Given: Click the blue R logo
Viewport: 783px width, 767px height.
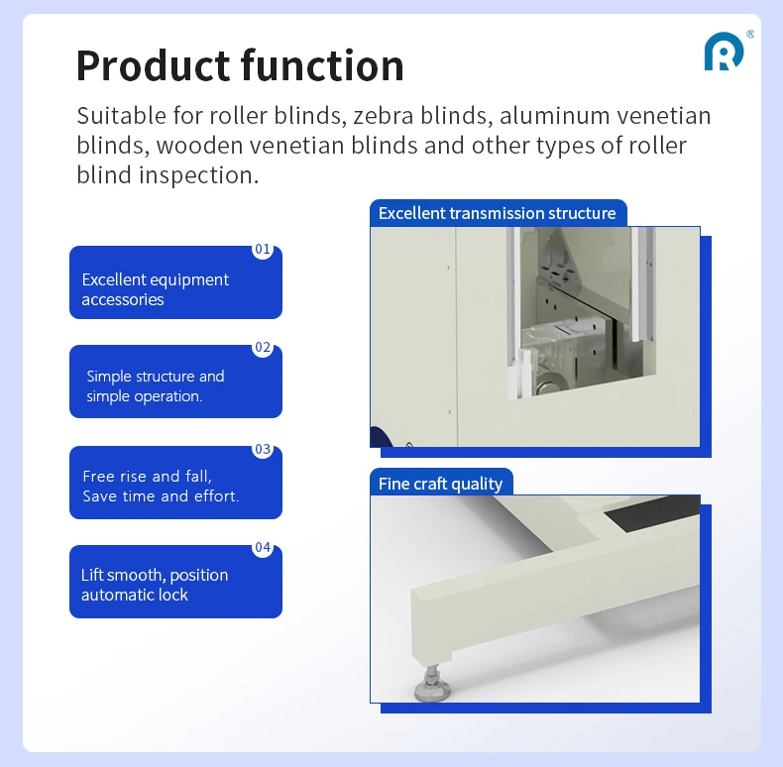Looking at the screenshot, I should click(x=723, y=52).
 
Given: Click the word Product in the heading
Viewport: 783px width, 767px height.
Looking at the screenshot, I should click(x=151, y=65).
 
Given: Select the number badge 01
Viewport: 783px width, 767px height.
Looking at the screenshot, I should click(x=262, y=250).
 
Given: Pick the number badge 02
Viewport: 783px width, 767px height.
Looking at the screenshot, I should click(x=262, y=348).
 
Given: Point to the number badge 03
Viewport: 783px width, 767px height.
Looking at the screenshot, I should click(x=262, y=449).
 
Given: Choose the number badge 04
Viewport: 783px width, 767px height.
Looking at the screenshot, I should click(x=262, y=547).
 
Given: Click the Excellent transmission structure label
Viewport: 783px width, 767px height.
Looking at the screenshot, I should click(x=497, y=213).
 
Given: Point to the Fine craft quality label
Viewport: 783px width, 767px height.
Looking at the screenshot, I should click(x=440, y=484).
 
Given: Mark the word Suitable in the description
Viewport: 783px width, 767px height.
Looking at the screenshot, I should click(x=117, y=116).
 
